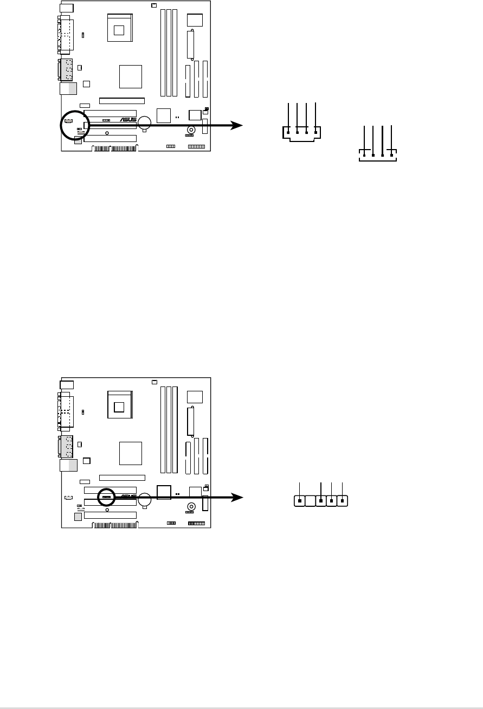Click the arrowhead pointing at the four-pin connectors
(237, 125)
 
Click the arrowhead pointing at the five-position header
(237, 497)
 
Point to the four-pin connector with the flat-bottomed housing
(378, 156)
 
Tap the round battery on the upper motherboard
(145, 122)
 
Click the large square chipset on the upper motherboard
(130, 76)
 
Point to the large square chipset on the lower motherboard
(130, 453)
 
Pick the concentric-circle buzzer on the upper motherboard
(191, 131)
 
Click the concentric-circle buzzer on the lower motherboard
(191, 507)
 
